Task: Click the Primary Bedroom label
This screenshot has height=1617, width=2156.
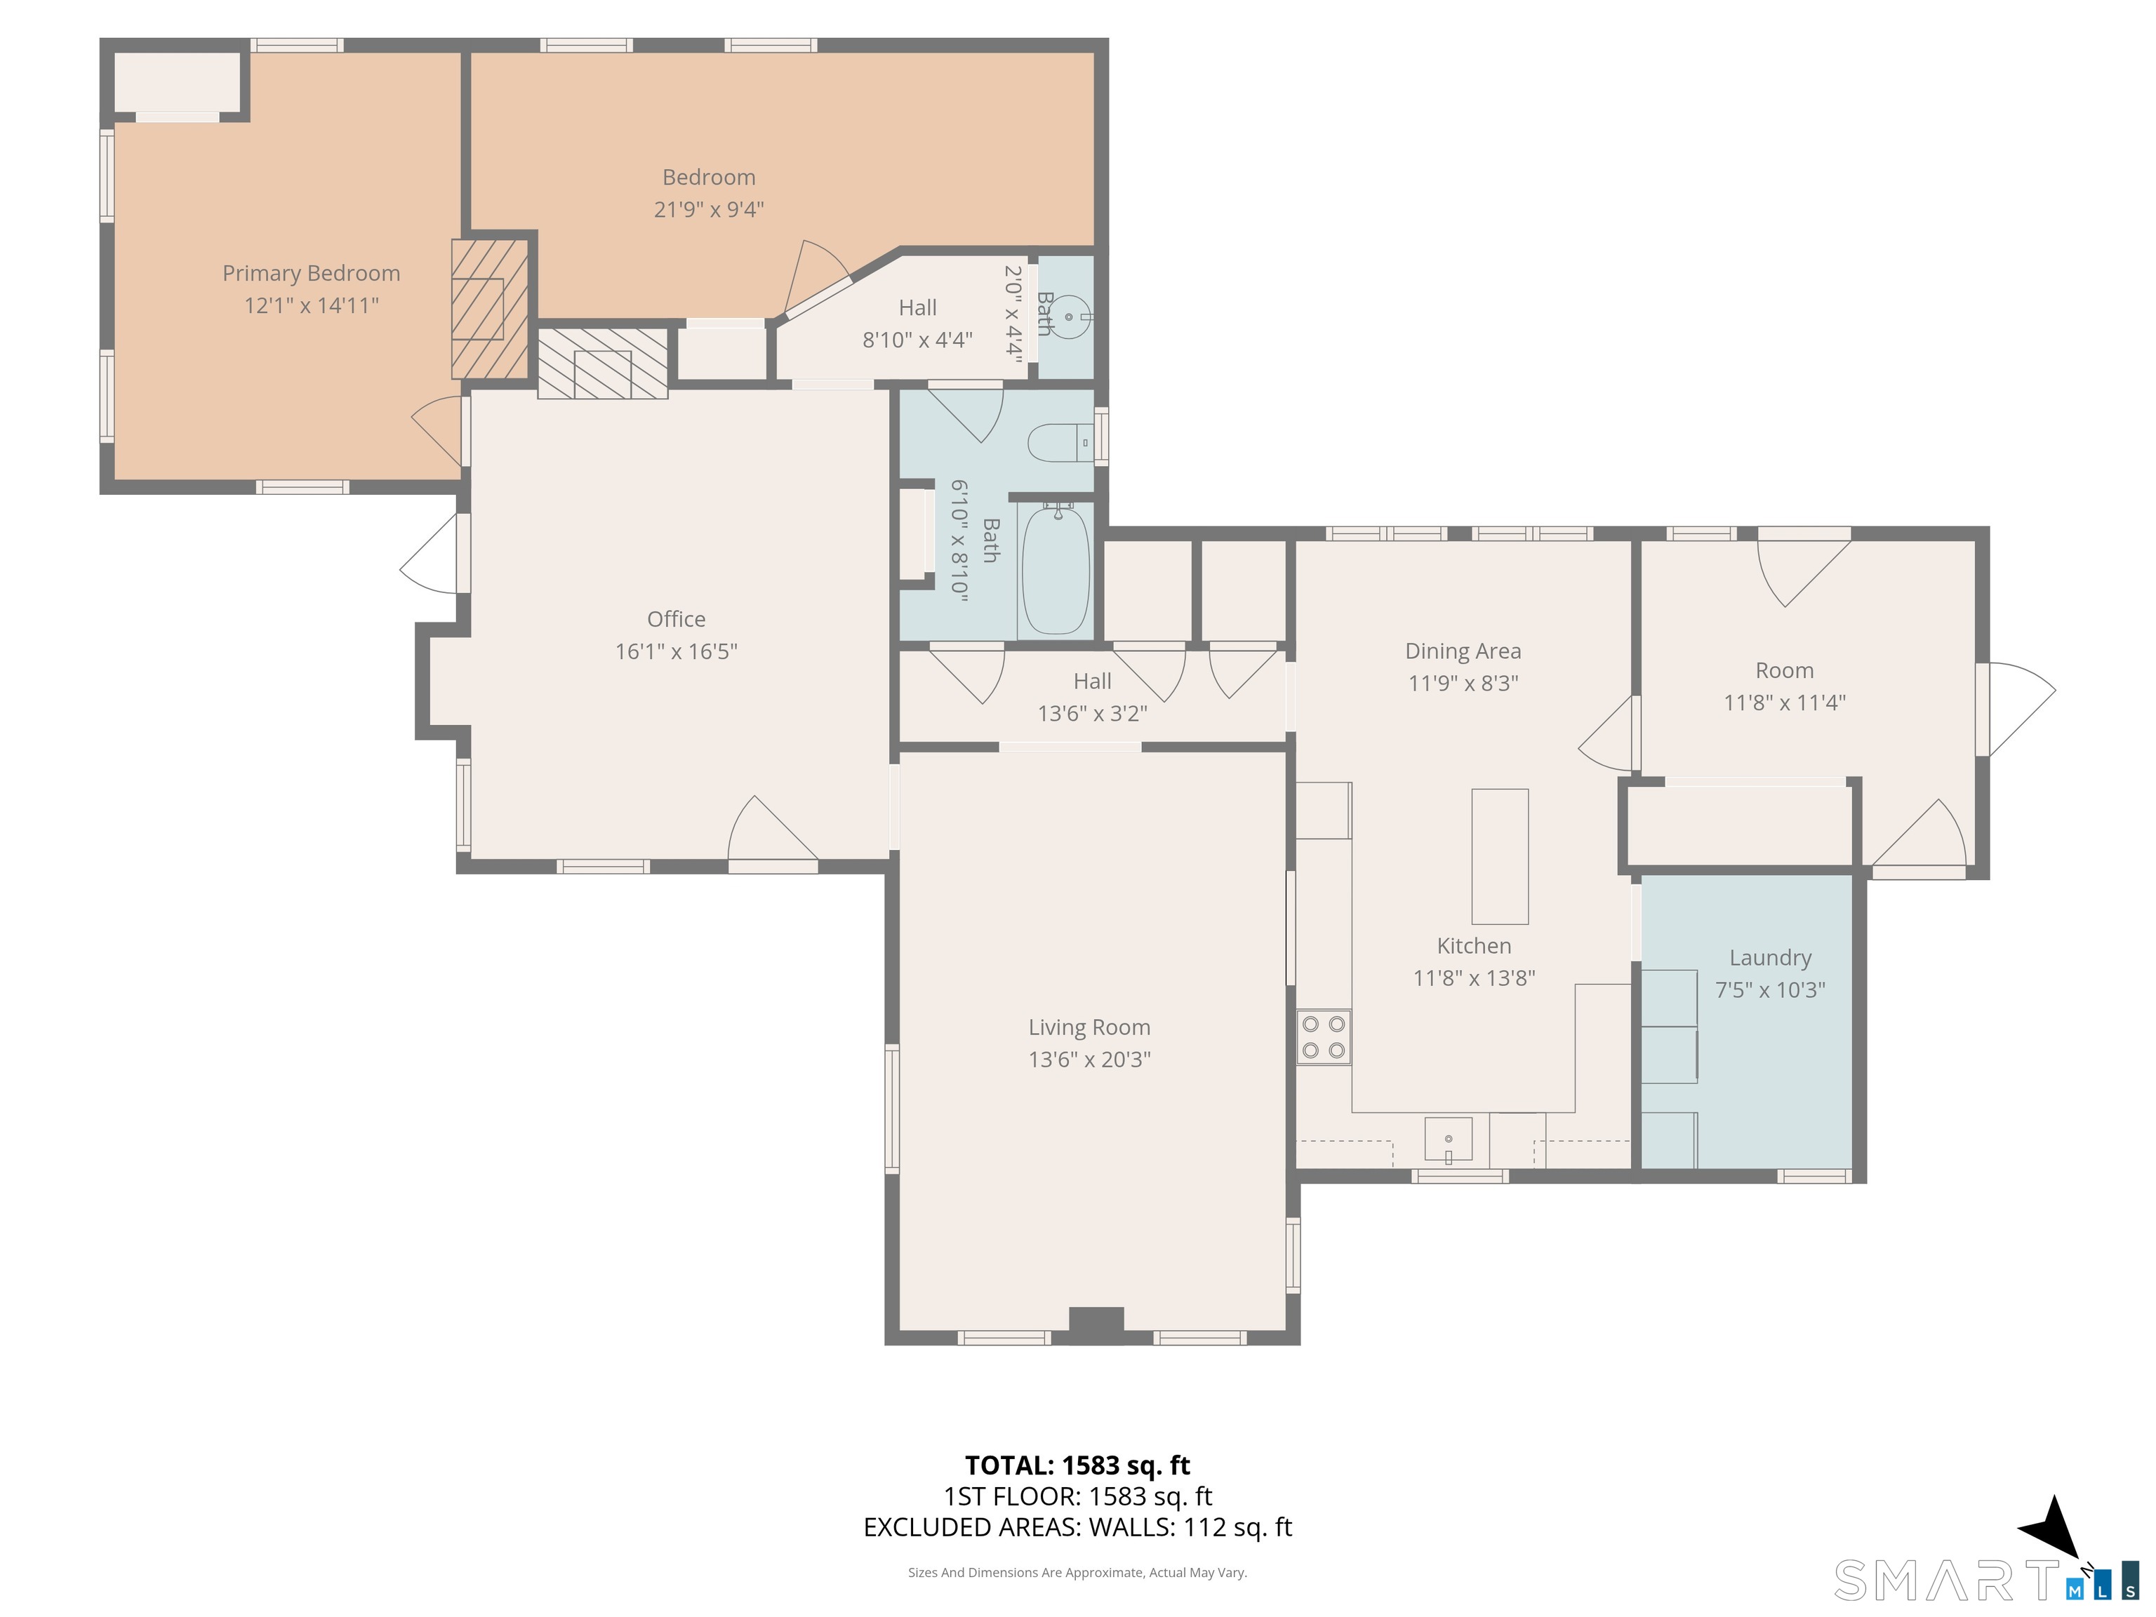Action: click(311, 274)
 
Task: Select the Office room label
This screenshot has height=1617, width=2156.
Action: click(677, 619)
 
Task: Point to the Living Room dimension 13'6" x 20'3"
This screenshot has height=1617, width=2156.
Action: click(1090, 1060)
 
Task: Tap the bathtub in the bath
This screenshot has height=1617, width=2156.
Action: click(1056, 569)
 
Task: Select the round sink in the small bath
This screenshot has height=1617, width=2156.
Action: click(1070, 317)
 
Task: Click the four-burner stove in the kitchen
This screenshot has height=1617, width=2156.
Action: click(1324, 1037)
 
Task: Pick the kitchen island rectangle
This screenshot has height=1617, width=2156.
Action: click(1500, 856)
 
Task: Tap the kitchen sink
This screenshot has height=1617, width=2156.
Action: click(1449, 1139)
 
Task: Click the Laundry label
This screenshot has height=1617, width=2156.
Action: click(1770, 958)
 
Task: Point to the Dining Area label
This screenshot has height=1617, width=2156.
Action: click(1463, 651)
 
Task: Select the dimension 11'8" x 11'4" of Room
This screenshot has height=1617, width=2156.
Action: click(1785, 703)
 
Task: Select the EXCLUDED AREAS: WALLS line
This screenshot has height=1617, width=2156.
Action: click(1078, 1526)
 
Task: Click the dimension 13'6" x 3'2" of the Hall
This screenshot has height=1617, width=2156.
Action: click(1093, 714)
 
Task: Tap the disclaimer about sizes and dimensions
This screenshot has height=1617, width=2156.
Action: click(1078, 1572)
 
